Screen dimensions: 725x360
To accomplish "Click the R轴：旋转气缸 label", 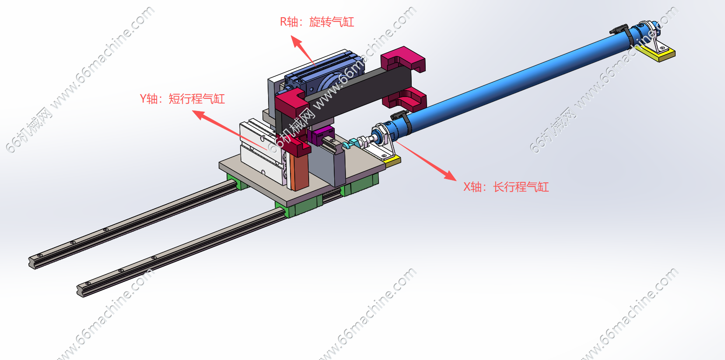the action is click(317, 22).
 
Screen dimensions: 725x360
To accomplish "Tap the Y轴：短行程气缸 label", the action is click(182, 99).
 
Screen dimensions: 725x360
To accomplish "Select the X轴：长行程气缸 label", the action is click(506, 187).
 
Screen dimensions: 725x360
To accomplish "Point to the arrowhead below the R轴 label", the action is click(296, 41).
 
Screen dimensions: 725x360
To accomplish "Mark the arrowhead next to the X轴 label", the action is click(450, 176).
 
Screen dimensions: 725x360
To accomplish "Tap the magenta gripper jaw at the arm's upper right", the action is click(403, 59).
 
